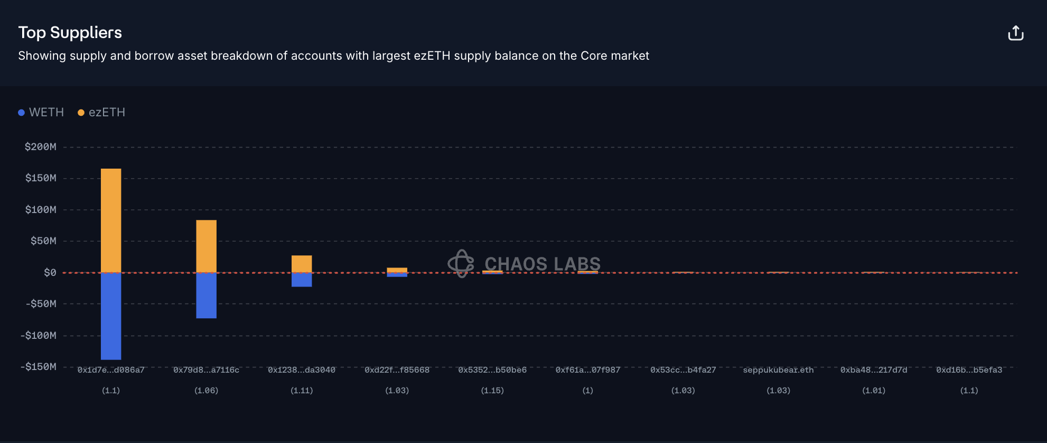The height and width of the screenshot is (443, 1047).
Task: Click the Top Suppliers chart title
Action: pos(70,33)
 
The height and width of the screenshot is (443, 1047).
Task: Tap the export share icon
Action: pos(1015,33)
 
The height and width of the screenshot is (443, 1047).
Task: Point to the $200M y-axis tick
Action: pos(40,147)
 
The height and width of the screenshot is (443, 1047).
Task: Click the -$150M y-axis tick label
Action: pos(38,367)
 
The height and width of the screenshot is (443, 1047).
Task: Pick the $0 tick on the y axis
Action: pos(50,273)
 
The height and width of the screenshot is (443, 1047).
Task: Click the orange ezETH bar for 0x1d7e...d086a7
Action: pos(111,220)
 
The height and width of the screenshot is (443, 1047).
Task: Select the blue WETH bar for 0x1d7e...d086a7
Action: pos(111,316)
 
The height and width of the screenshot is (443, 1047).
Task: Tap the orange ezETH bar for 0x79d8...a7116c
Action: pos(206,246)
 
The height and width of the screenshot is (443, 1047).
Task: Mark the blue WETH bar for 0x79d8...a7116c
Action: pos(206,296)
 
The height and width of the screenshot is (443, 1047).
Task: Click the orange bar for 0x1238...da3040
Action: pos(302,264)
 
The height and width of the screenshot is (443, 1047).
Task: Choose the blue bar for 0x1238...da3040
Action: pos(302,280)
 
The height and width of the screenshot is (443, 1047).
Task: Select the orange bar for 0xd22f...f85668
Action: pos(397,270)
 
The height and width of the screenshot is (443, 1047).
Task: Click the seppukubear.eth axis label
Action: pos(778,370)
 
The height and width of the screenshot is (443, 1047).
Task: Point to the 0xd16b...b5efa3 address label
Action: pos(969,370)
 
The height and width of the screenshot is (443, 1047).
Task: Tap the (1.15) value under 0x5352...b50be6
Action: pos(492,391)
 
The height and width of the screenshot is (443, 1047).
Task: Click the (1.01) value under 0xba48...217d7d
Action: pos(874,391)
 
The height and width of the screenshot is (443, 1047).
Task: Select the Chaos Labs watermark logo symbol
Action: pos(461,263)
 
